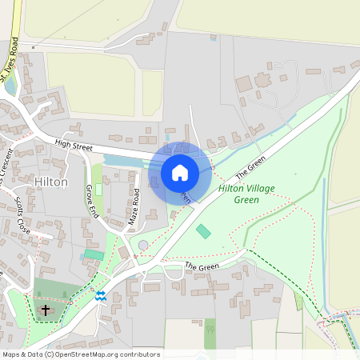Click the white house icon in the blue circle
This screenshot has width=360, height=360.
(180, 172)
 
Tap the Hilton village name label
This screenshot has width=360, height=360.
(51, 182)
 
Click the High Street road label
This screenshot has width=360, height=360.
(74, 144)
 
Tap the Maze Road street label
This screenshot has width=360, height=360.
(135, 205)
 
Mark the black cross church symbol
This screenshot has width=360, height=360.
(45, 309)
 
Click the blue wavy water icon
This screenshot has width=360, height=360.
(100, 295)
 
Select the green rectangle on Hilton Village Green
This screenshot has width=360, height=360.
(203, 231)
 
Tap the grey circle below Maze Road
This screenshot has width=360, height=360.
(143, 245)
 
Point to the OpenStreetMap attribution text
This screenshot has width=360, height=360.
(81, 354)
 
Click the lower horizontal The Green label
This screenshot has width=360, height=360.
(202, 266)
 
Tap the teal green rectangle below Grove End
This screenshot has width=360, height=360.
(94, 254)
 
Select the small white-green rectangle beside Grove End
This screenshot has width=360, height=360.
(99, 190)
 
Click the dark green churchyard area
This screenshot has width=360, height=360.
(56, 292)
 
